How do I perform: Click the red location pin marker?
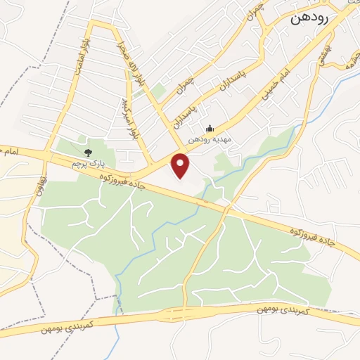(x=181, y=166)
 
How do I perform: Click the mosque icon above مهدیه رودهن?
(x=209, y=128)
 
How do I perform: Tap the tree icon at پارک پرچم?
(x=88, y=152)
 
